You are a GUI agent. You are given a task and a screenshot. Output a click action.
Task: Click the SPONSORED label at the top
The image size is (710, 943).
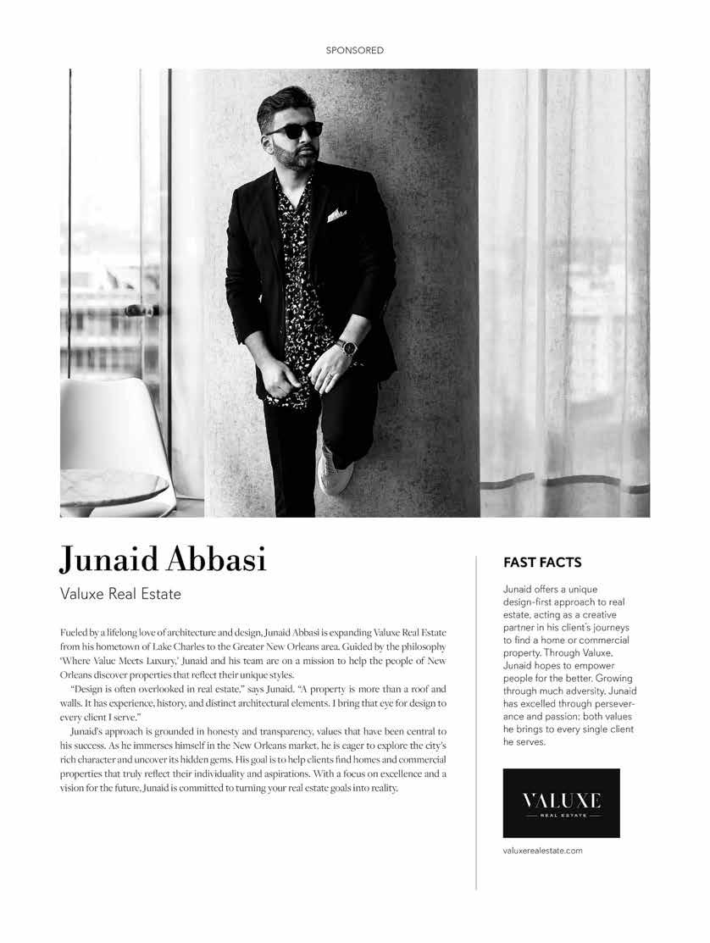tap(355, 51)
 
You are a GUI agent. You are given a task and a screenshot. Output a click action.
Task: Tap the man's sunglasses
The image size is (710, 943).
tap(295, 130)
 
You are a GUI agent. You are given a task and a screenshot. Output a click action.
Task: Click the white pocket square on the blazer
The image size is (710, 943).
tap(336, 214)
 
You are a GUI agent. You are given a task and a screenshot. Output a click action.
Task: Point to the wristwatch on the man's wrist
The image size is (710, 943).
tap(347, 347)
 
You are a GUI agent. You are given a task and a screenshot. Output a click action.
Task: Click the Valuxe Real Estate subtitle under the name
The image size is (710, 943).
tap(120, 594)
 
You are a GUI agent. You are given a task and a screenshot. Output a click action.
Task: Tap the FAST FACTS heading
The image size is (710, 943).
tap(542, 562)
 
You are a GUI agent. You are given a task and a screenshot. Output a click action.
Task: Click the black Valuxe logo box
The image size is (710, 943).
tap(561, 802)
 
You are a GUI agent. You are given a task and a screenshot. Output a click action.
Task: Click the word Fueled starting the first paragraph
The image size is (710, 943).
tap(76, 634)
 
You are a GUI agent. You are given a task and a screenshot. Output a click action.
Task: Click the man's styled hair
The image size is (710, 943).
tap(284, 102)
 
